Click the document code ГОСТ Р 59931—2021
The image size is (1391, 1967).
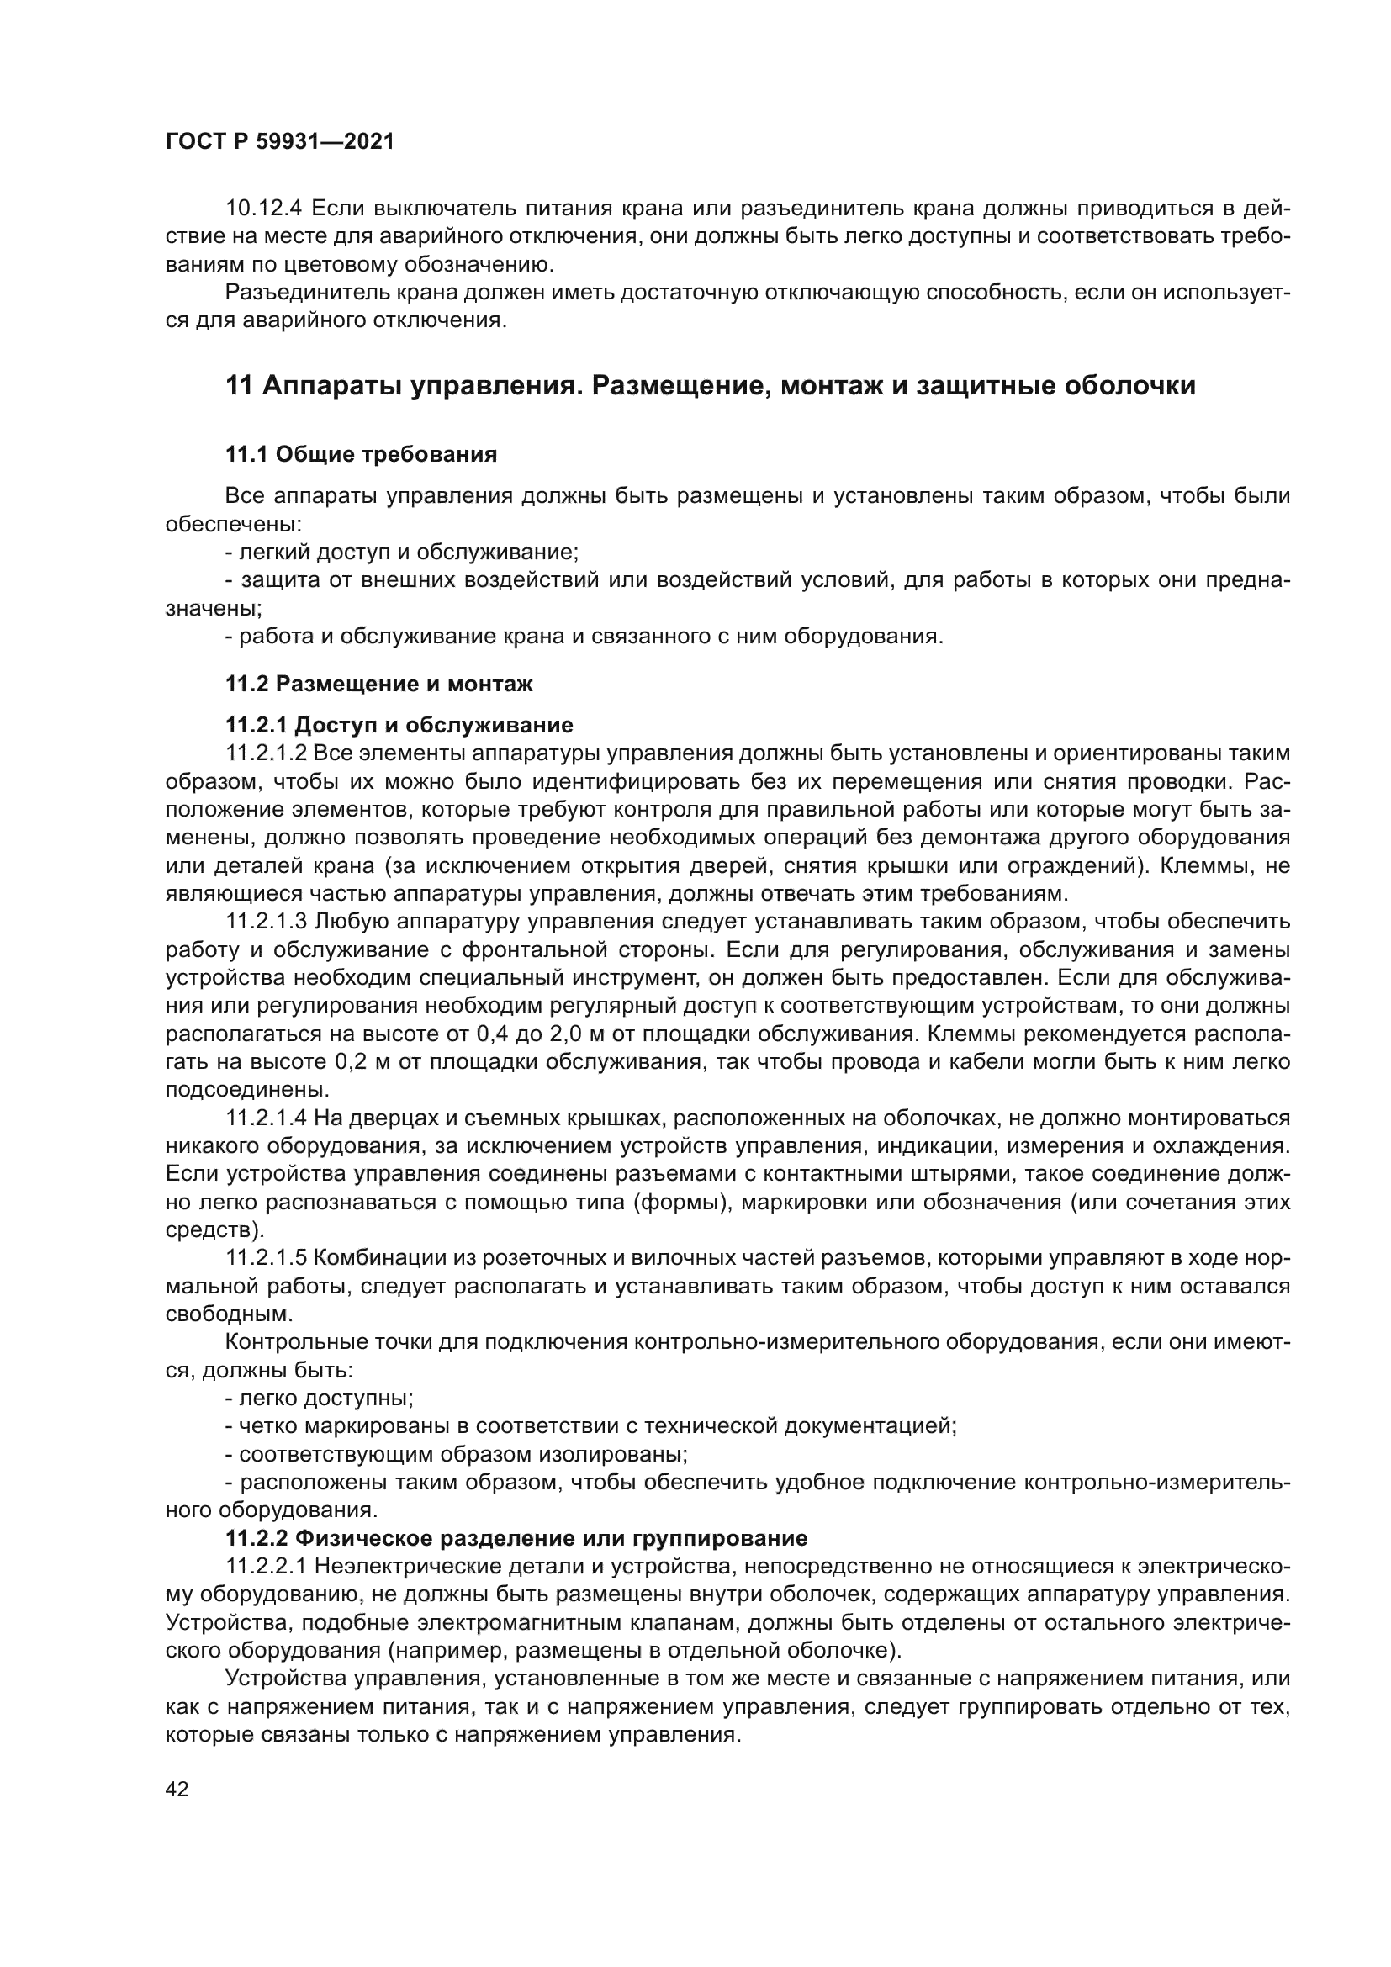click(280, 142)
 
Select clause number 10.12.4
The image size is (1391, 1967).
click(263, 209)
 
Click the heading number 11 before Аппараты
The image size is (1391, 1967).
click(239, 386)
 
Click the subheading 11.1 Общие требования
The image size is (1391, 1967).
click(361, 454)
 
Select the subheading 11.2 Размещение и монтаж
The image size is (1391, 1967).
click(378, 684)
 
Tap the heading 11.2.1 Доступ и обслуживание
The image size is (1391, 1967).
click(399, 726)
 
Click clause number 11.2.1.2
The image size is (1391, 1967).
click(267, 753)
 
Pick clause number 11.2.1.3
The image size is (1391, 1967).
click(267, 922)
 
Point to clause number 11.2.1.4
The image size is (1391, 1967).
click(267, 1118)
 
